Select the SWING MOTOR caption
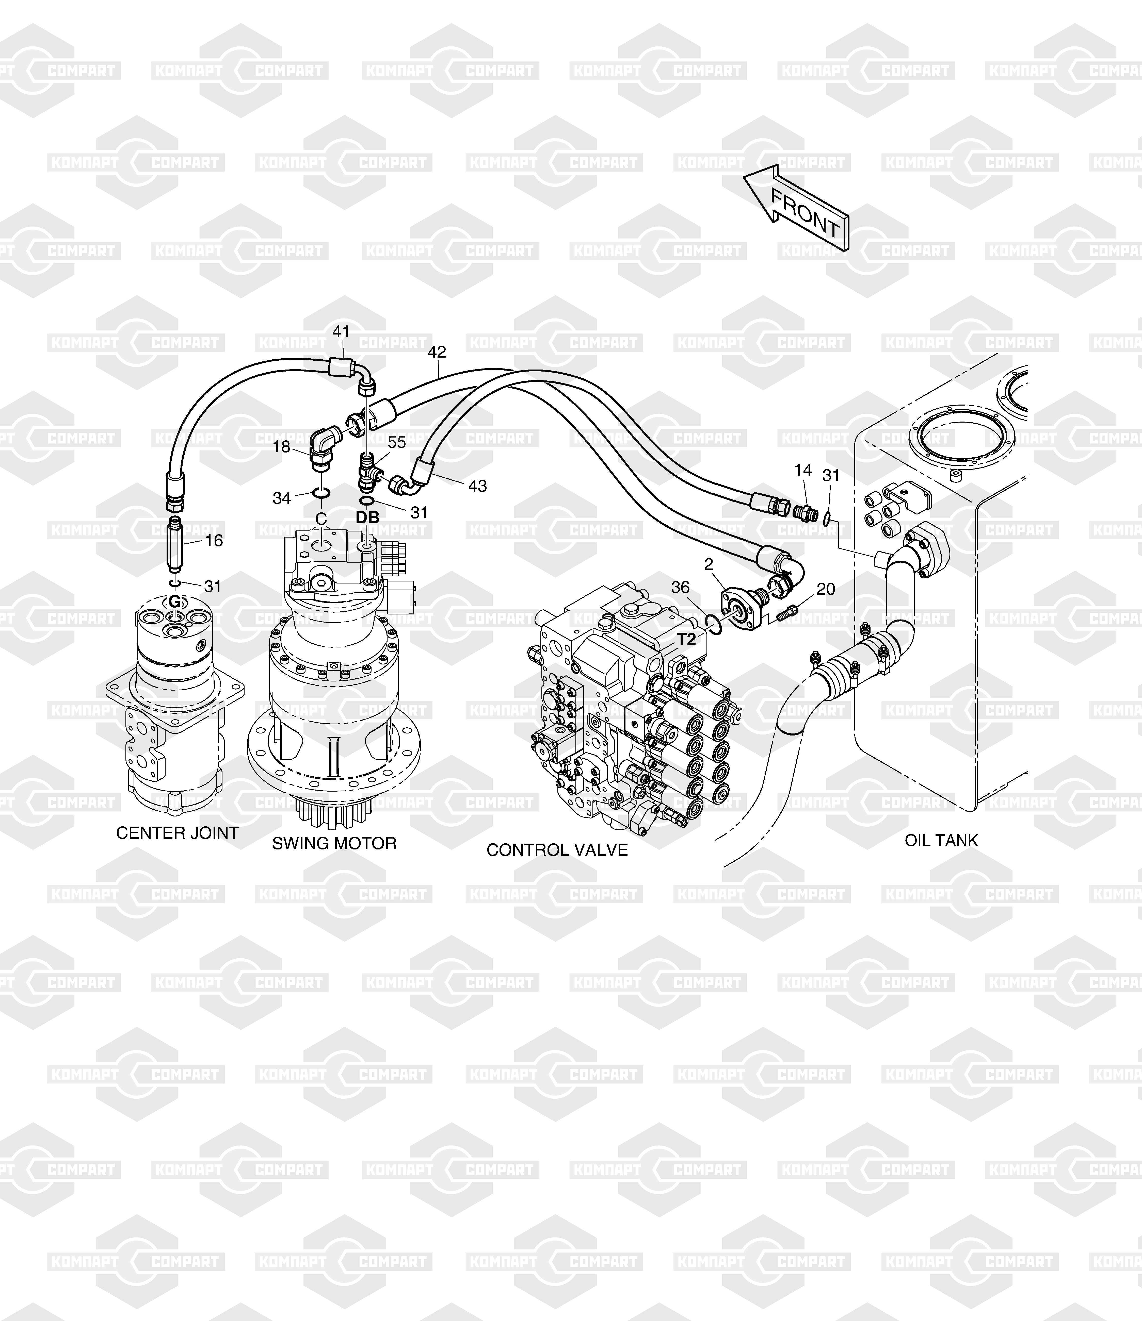click(x=334, y=843)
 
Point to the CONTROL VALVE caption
click(x=557, y=850)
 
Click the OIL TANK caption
click(x=941, y=840)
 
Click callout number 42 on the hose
click(x=437, y=352)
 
